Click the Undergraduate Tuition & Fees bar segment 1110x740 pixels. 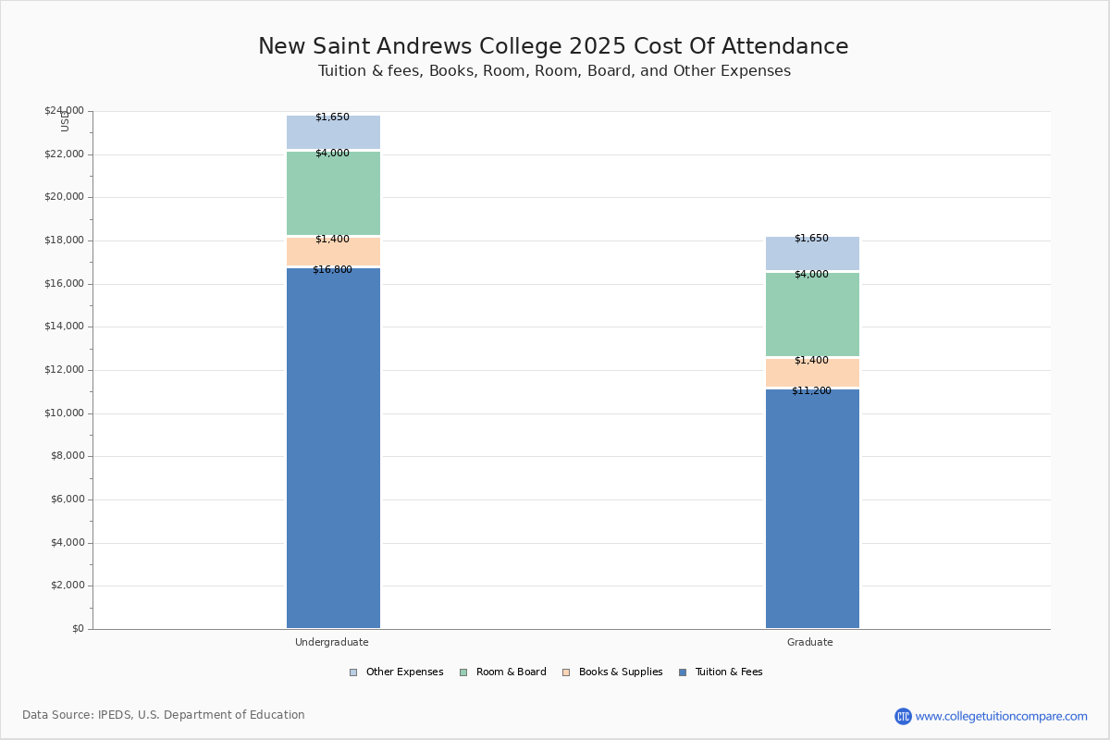tap(333, 449)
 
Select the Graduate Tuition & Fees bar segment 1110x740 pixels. tap(812, 509)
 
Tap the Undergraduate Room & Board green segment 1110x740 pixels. tap(333, 194)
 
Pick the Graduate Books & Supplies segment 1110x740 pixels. tap(812, 373)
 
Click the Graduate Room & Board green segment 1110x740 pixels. tap(812, 314)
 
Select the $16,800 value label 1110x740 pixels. tap(332, 270)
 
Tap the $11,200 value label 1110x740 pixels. tap(811, 391)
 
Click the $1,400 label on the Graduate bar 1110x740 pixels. tap(811, 361)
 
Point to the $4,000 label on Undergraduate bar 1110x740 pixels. tap(332, 154)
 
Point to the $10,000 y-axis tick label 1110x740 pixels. tap(64, 413)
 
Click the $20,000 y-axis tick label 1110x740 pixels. tap(64, 197)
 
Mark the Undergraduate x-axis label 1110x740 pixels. tap(332, 642)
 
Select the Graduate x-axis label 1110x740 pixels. tap(810, 642)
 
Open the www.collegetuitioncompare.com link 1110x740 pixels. tap(1001, 716)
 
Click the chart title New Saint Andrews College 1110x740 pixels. tap(552, 47)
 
